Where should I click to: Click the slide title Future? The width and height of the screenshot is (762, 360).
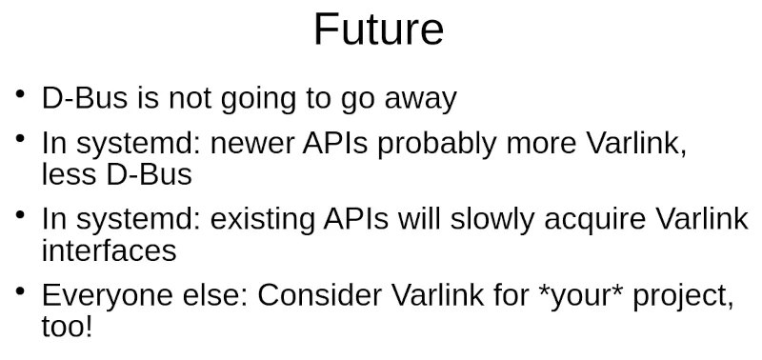(x=378, y=30)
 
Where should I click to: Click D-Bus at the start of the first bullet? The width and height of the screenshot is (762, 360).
(x=80, y=99)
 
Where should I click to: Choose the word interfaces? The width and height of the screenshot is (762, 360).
(x=109, y=250)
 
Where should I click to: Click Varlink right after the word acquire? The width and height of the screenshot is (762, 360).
(x=702, y=221)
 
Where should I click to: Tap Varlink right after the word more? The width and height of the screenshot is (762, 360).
(x=633, y=145)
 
